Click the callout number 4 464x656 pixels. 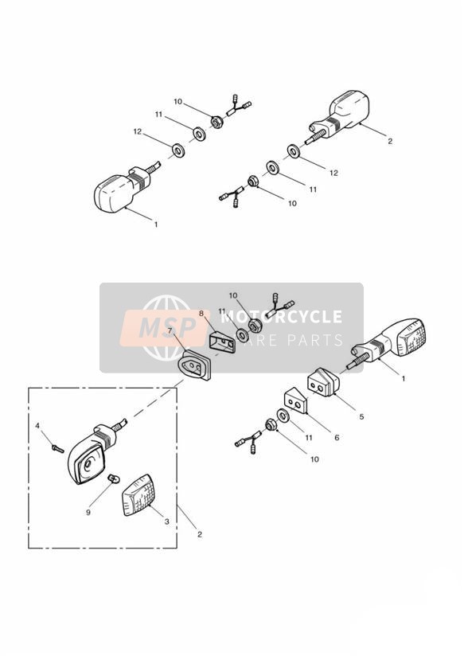click(x=37, y=426)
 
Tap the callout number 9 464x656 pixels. click(x=88, y=512)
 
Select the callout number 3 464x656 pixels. click(x=167, y=521)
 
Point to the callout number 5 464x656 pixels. click(x=361, y=416)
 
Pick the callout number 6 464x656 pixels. click(x=337, y=438)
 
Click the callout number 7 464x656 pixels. click(x=170, y=330)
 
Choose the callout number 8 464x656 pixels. click(x=201, y=313)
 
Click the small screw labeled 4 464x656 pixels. click(x=58, y=449)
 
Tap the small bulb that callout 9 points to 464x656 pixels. click(x=112, y=478)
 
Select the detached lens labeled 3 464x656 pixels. click(x=137, y=496)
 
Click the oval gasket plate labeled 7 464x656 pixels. click(x=194, y=365)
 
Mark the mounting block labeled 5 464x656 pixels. click(x=324, y=381)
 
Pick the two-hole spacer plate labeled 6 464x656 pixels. click(x=296, y=400)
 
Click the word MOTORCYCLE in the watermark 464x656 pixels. click(x=281, y=317)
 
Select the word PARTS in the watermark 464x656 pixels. click(x=314, y=340)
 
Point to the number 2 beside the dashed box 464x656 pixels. click(x=200, y=534)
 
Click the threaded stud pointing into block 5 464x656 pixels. click(x=357, y=361)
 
